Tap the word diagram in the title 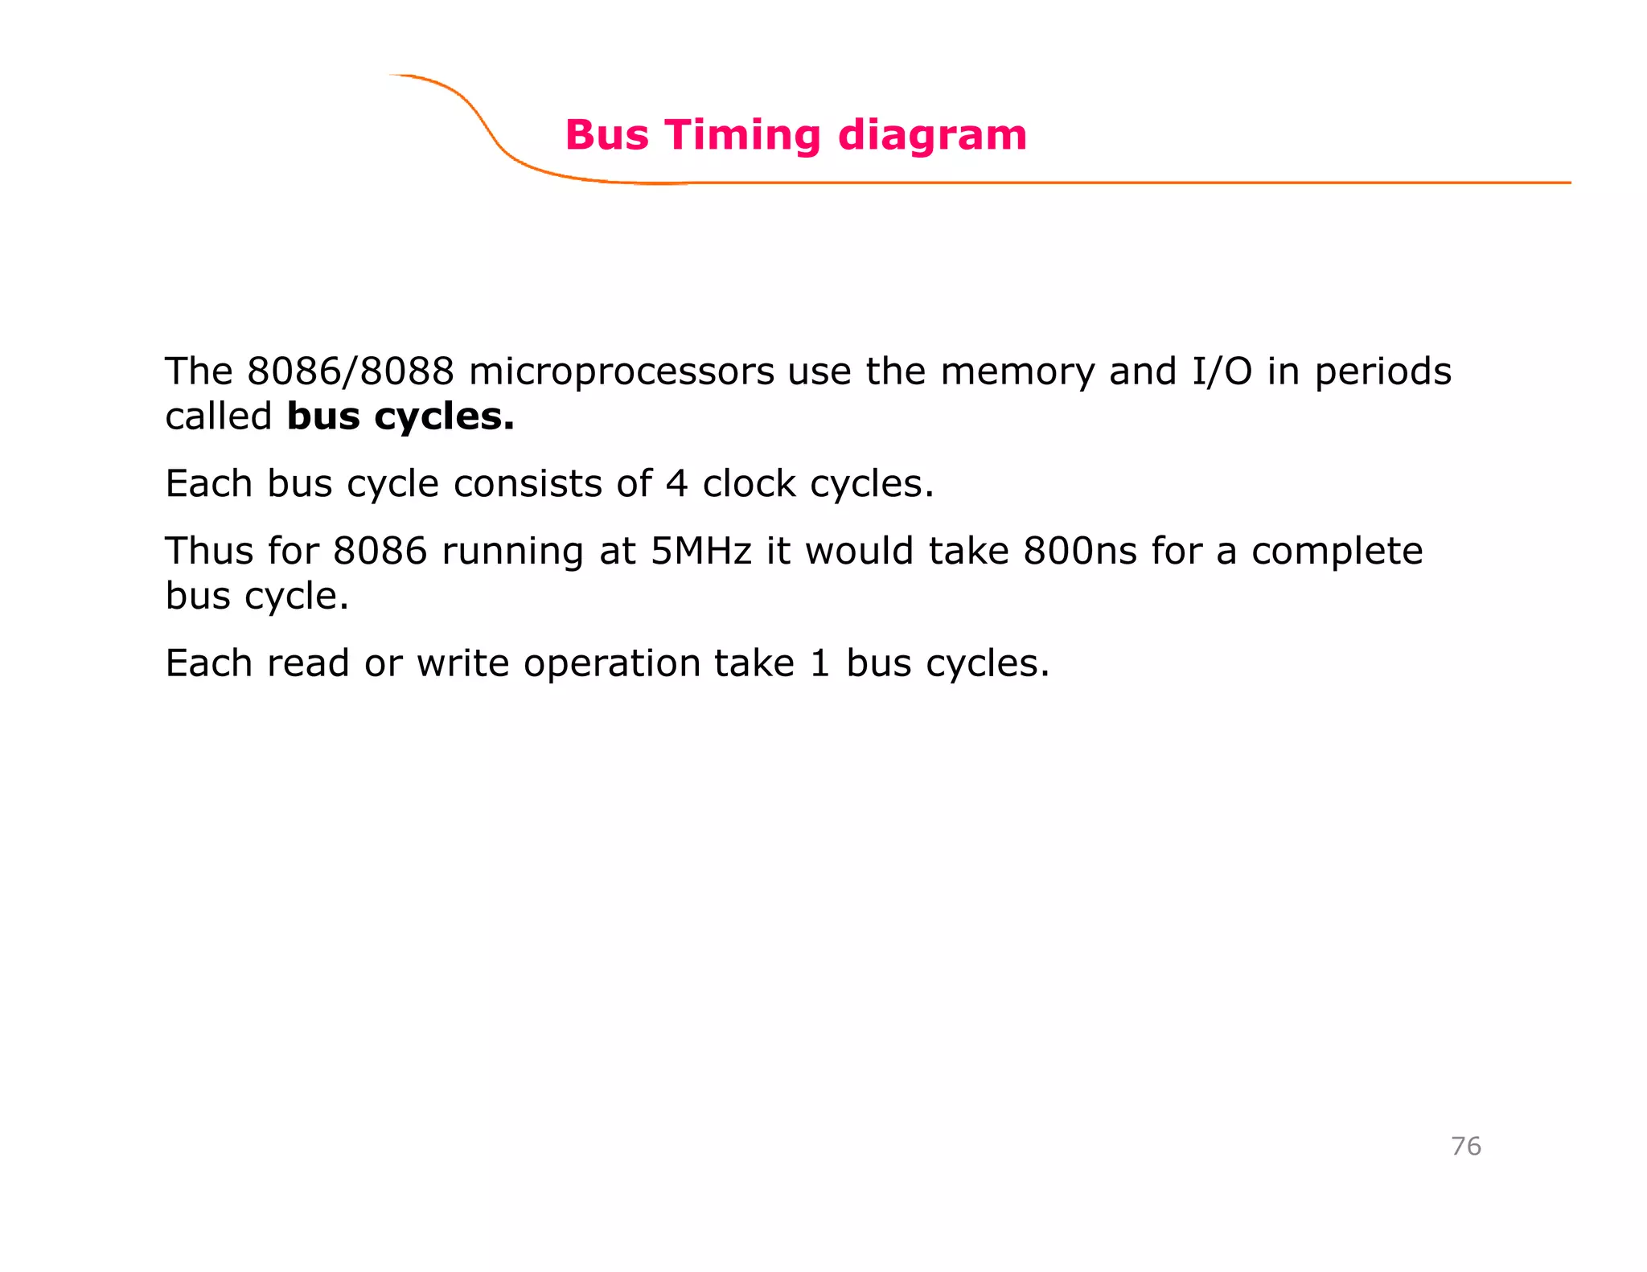(932, 135)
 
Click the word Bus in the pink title (606, 135)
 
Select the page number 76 (1465, 1146)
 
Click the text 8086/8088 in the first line (351, 371)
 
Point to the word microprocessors (621, 371)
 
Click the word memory (1017, 371)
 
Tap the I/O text (1222, 371)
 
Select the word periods (1383, 371)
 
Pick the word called (219, 416)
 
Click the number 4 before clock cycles (677, 484)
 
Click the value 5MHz (701, 552)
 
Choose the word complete (1337, 552)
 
